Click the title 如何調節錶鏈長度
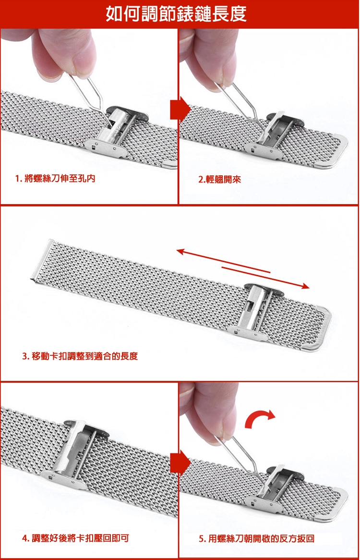pos(176,14)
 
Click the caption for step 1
pos(55,178)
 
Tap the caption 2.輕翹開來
pos(219,179)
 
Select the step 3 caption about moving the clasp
pos(80,356)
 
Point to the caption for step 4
pos(75,538)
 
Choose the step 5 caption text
pos(256,538)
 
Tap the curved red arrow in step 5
pos(259,417)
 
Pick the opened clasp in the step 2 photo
pos(273,134)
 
